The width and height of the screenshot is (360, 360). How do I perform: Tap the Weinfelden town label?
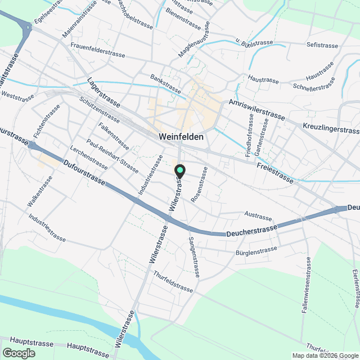tap(181, 137)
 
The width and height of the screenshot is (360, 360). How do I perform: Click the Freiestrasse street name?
tap(274, 172)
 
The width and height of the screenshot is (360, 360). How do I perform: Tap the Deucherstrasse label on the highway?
tap(252, 231)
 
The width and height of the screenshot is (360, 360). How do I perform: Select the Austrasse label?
tap(259, 215)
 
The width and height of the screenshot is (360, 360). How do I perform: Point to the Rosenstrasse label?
tap(199, 188)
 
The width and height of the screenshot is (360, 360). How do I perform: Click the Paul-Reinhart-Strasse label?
tap(112, 156)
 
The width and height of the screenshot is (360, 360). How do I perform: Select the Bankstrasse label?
tap(165, 83)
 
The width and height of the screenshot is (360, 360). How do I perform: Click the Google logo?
tap(18, 353)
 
